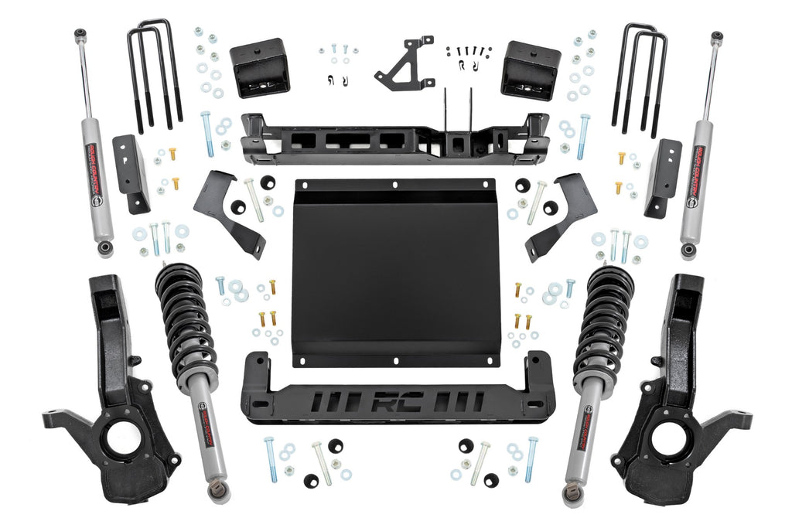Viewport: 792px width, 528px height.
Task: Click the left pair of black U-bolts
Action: pos(155,73)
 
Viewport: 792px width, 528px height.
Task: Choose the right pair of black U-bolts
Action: pos(640,73)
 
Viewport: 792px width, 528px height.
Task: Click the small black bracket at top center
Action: pos(405,63)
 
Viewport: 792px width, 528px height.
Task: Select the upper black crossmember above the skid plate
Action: pos(394,139)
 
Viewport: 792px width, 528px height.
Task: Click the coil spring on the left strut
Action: pos(186,317)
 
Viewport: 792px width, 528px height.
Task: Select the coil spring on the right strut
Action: pos(606,317)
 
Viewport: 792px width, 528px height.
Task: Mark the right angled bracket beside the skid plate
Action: pos(561,213)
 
